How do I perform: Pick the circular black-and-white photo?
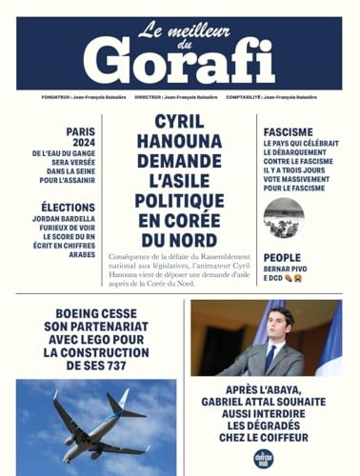coord(283,218)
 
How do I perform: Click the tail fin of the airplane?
coord(121,401)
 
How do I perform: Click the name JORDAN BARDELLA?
coord(67,218)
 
